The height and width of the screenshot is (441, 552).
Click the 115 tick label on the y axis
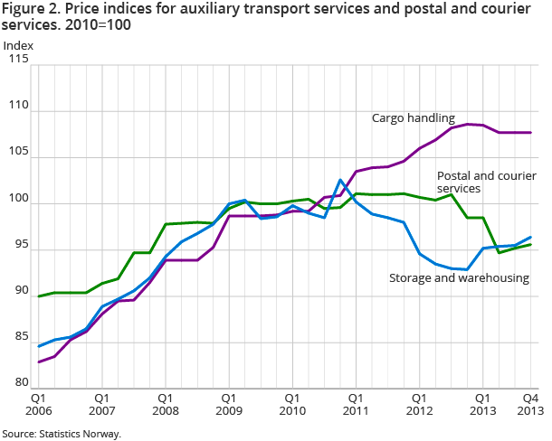[20, 60]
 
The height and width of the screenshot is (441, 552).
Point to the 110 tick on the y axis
[20, 107]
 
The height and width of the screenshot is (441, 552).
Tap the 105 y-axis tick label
[20, 154]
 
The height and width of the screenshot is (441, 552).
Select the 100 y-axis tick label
[20, 200]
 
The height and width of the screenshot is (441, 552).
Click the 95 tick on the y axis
[22, 246]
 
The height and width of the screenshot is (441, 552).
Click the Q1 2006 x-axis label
[39, 402]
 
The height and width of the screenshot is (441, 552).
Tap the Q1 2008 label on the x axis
[166, 402]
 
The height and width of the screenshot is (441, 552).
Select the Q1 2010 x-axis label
[292, 402]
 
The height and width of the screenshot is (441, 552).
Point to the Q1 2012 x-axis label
[419, 402]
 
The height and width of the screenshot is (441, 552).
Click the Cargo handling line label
[414, 117]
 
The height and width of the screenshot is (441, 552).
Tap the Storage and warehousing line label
[459, 278]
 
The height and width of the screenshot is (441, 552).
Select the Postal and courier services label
[471, 182]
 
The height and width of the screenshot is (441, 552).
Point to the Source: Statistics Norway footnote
[62, 434]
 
